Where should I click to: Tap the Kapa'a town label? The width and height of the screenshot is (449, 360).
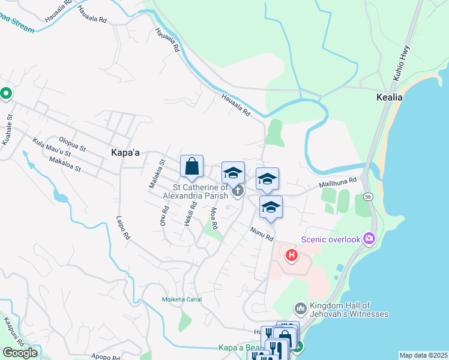click(125, 153)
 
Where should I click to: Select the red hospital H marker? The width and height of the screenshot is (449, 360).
click(292, 256)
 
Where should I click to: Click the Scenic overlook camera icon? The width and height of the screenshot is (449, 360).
click(369, 239)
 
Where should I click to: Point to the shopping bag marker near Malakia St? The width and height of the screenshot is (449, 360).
click(191, 167)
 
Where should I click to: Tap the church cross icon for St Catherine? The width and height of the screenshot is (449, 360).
click(238, 191)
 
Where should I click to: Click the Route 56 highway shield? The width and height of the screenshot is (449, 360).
click(366, 197)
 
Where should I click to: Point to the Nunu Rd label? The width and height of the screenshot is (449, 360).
click(262, 233)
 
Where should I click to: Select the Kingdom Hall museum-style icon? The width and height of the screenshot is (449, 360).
click(301, 309)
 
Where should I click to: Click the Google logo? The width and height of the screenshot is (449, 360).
click(20, 353)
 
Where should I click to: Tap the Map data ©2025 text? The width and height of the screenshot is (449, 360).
click(423, 355)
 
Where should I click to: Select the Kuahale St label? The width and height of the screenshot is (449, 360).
click(7, 128)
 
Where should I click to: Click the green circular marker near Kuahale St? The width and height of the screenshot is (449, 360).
click(6, 94)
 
